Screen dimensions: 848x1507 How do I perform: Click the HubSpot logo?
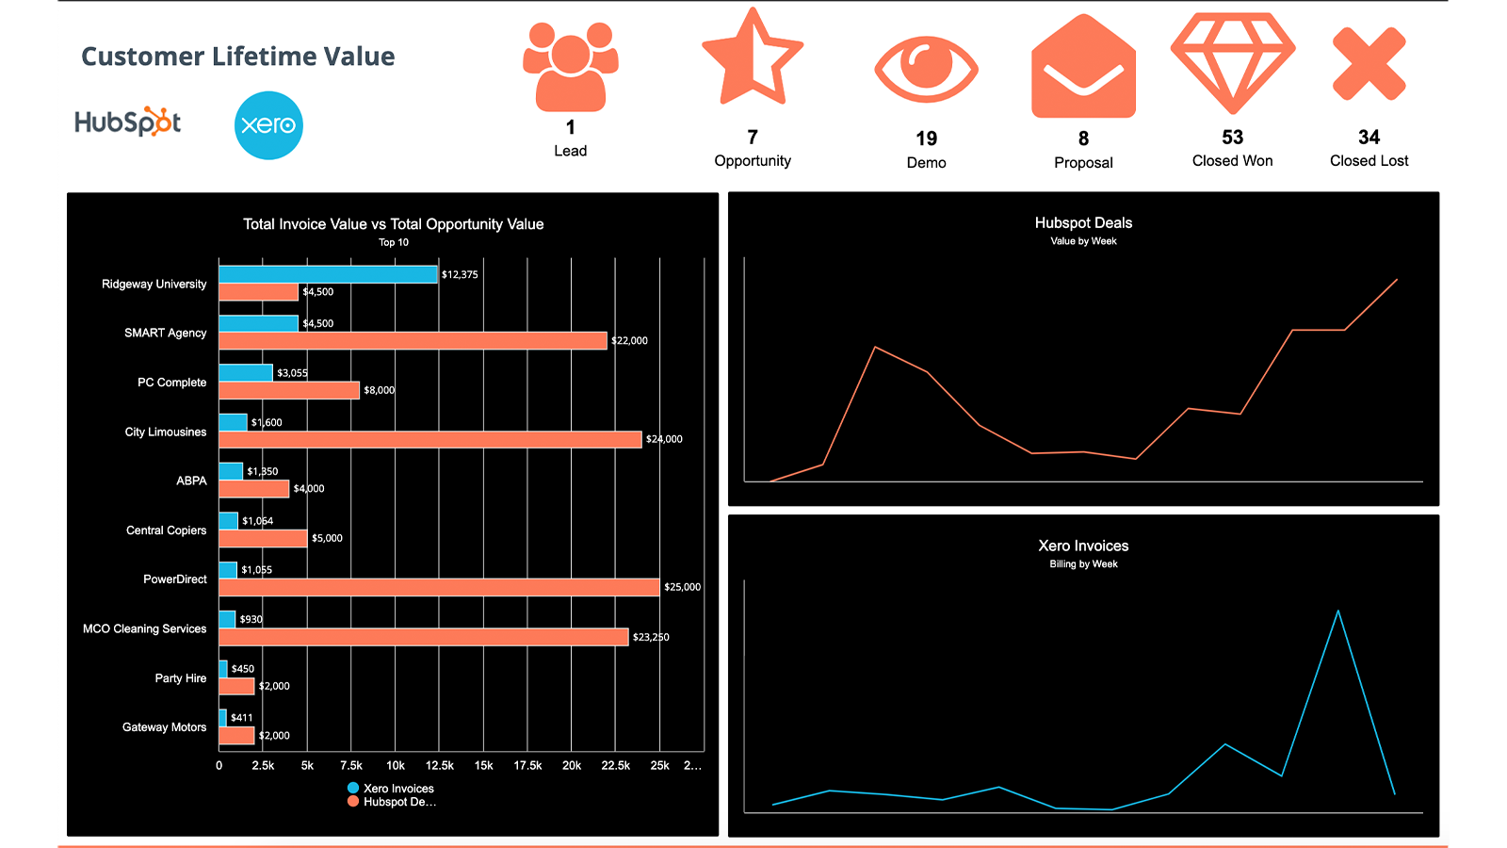(127, 122)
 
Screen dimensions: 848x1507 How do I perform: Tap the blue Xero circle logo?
(268, 125)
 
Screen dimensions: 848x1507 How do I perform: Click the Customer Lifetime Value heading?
(237, 57)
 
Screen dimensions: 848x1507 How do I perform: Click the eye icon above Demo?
(926, 69)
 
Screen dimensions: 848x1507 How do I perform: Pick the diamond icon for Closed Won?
(1232, 62)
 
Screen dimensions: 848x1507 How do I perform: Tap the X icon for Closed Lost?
(1369, 64)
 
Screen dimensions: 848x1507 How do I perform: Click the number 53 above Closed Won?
(1232, 138)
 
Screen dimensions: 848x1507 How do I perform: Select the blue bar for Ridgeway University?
(328, 274)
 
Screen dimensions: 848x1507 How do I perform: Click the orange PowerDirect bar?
(439, 587)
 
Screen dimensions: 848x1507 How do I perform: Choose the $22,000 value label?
(629, 341)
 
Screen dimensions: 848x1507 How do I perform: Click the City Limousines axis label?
(166, 432)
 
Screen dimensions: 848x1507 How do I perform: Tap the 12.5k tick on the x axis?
(439, 766)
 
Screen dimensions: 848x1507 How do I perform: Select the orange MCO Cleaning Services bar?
(423, 637)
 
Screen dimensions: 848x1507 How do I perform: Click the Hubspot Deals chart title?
(1083, 223)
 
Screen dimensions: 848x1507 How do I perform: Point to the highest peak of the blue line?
(1337, 612)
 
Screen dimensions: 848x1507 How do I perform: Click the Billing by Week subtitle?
(1083, 564)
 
